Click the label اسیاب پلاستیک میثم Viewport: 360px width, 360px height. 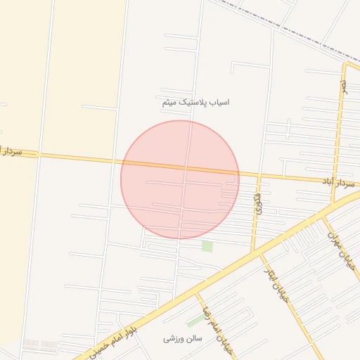[195, 102]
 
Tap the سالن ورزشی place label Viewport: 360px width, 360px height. [183, 339]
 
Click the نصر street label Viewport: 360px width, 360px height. [344, 85]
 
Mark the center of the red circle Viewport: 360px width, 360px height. [180, 180]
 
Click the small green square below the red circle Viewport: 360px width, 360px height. [207, 246]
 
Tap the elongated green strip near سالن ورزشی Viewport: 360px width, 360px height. [195, 321]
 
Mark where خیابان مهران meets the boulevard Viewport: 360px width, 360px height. [324, 217]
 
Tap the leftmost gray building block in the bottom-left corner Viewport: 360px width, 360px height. [31, 345]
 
